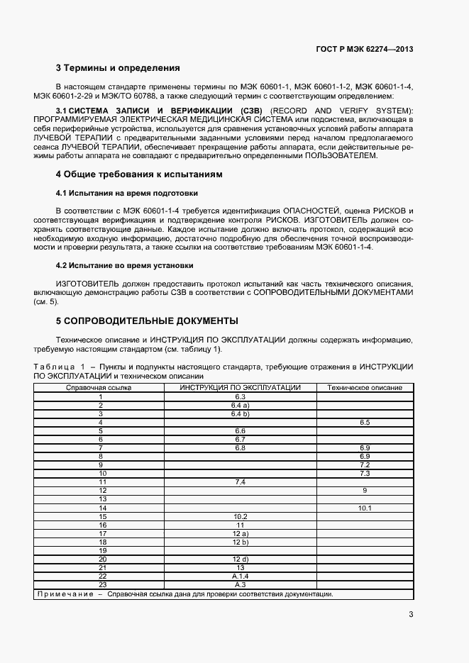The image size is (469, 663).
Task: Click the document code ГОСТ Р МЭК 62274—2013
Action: [364, 49]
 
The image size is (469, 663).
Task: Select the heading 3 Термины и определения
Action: [118, 69]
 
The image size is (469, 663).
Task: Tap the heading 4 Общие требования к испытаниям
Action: [140, 174]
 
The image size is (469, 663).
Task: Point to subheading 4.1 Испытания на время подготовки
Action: [126, 193]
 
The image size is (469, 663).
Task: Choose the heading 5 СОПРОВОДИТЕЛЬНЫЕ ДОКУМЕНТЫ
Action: [147, 321]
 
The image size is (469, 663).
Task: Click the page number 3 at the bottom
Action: [411, 615]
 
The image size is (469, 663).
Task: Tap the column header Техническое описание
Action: [364, 388]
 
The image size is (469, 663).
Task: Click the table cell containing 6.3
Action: [240, 396]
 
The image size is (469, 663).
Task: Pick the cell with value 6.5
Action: [365, 422]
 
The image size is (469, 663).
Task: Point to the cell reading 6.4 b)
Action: [240, 413]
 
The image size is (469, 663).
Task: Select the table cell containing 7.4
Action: [240, 482]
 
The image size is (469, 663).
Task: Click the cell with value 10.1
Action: [365, 508]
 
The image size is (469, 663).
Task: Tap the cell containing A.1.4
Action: [240, 576]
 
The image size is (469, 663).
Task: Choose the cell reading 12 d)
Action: [240, 559]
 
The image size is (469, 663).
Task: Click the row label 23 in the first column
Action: [102, 585]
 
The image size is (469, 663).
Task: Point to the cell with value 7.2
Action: [365, 465]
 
